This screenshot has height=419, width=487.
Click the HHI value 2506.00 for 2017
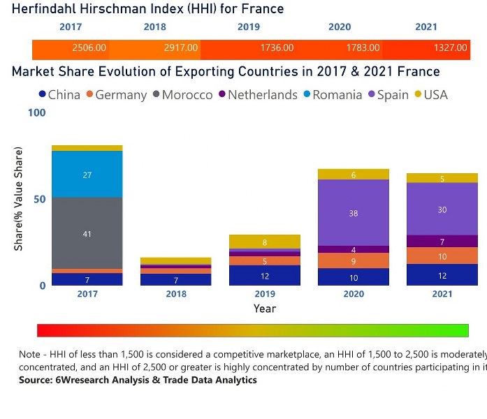(89, 48)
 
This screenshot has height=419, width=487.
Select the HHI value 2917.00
(181, 48)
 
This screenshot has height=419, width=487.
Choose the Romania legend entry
(331, 95)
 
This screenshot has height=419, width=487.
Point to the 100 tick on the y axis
(37, 112)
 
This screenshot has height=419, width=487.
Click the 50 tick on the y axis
(40, 199)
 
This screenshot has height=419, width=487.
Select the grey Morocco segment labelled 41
(87, 233)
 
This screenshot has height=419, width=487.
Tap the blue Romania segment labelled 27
(87, 175)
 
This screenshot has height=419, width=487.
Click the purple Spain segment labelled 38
(354, 213)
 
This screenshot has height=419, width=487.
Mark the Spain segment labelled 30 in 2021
(442, 209)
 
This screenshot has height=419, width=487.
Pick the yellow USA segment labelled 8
(265, 242)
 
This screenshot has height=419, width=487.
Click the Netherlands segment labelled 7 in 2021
(442, 241)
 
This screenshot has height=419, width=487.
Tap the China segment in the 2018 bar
(176, 279)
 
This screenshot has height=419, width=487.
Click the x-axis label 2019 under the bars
(265, 294)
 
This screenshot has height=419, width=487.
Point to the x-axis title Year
(265, 309)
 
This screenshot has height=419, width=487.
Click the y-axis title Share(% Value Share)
(19, 199)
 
